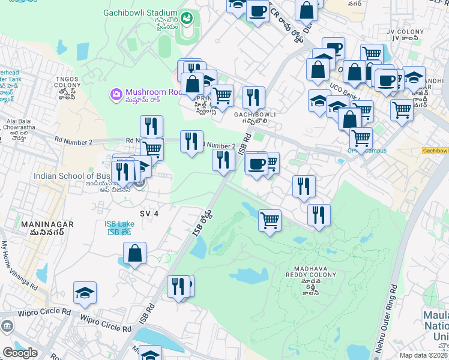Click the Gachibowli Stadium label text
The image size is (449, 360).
click(x=140, y=12)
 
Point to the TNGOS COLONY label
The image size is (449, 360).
click(x=67, y=82)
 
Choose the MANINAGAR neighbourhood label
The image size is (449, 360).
click(x=47, y=224)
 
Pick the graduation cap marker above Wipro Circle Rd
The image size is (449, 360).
click(x=85, y=293)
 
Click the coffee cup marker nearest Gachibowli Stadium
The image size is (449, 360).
click(x=258, y=11)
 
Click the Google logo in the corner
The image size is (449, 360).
click(x=20, y=353)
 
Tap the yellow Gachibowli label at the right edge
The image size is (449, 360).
click(x=435, y=151)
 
